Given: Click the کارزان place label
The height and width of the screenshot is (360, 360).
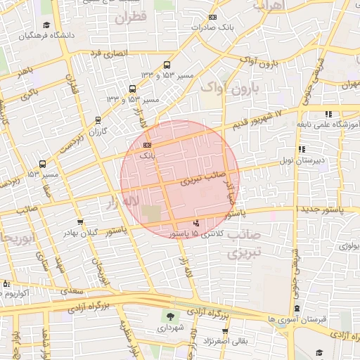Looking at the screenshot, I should [97, 131].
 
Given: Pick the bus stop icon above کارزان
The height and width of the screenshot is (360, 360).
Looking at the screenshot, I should [98, 120].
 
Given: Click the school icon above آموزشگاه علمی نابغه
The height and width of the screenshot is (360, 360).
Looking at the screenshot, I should [328, 114].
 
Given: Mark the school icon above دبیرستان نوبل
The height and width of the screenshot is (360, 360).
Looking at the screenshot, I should [302, 149].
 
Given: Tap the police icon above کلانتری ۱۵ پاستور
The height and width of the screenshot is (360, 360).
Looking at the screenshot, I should [195, 223].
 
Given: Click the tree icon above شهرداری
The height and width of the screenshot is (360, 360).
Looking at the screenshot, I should [170, 316].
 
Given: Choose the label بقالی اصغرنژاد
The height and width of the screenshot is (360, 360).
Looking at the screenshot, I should [224, 341].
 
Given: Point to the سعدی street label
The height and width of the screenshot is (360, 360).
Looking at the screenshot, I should [71, 289].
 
